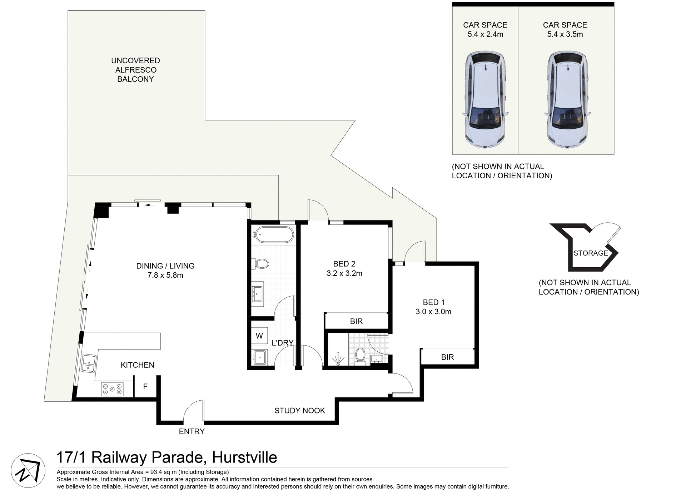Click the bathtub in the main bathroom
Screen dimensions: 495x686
pyautogui.click(x=274, y=235)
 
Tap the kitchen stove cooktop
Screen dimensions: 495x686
pyautogui.click(x=112, y=389)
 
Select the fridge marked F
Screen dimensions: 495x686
pyautogui.click(x=145, y=386)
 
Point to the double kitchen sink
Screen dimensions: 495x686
pyautogui.click(x=88, y=363)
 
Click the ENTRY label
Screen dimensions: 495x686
pyautogui.click(x=192, y=431)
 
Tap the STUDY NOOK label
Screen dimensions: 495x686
pyautogui.click(x=299, y=411)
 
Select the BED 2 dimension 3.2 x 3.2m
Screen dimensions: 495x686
pyautogui.click(x=344, y=273)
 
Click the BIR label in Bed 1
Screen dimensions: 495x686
pyautogui.click(x=447, y=357)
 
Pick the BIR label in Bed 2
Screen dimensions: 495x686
pyautogui.click(x=356, y=321)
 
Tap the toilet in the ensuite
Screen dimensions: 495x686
pyautogui.click(x=360, y=356)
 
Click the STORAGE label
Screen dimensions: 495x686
pyautogui.click(x=590, y=253)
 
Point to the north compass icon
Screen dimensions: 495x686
pyautogui.click(x=28, y=471)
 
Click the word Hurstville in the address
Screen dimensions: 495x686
pyautogui.click(x=244, y=457)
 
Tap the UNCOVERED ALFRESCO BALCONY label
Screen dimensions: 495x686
pyautogui.click(x=135, y=70)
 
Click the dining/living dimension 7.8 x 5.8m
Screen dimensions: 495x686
pyautogui.click(x=165, y=275)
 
